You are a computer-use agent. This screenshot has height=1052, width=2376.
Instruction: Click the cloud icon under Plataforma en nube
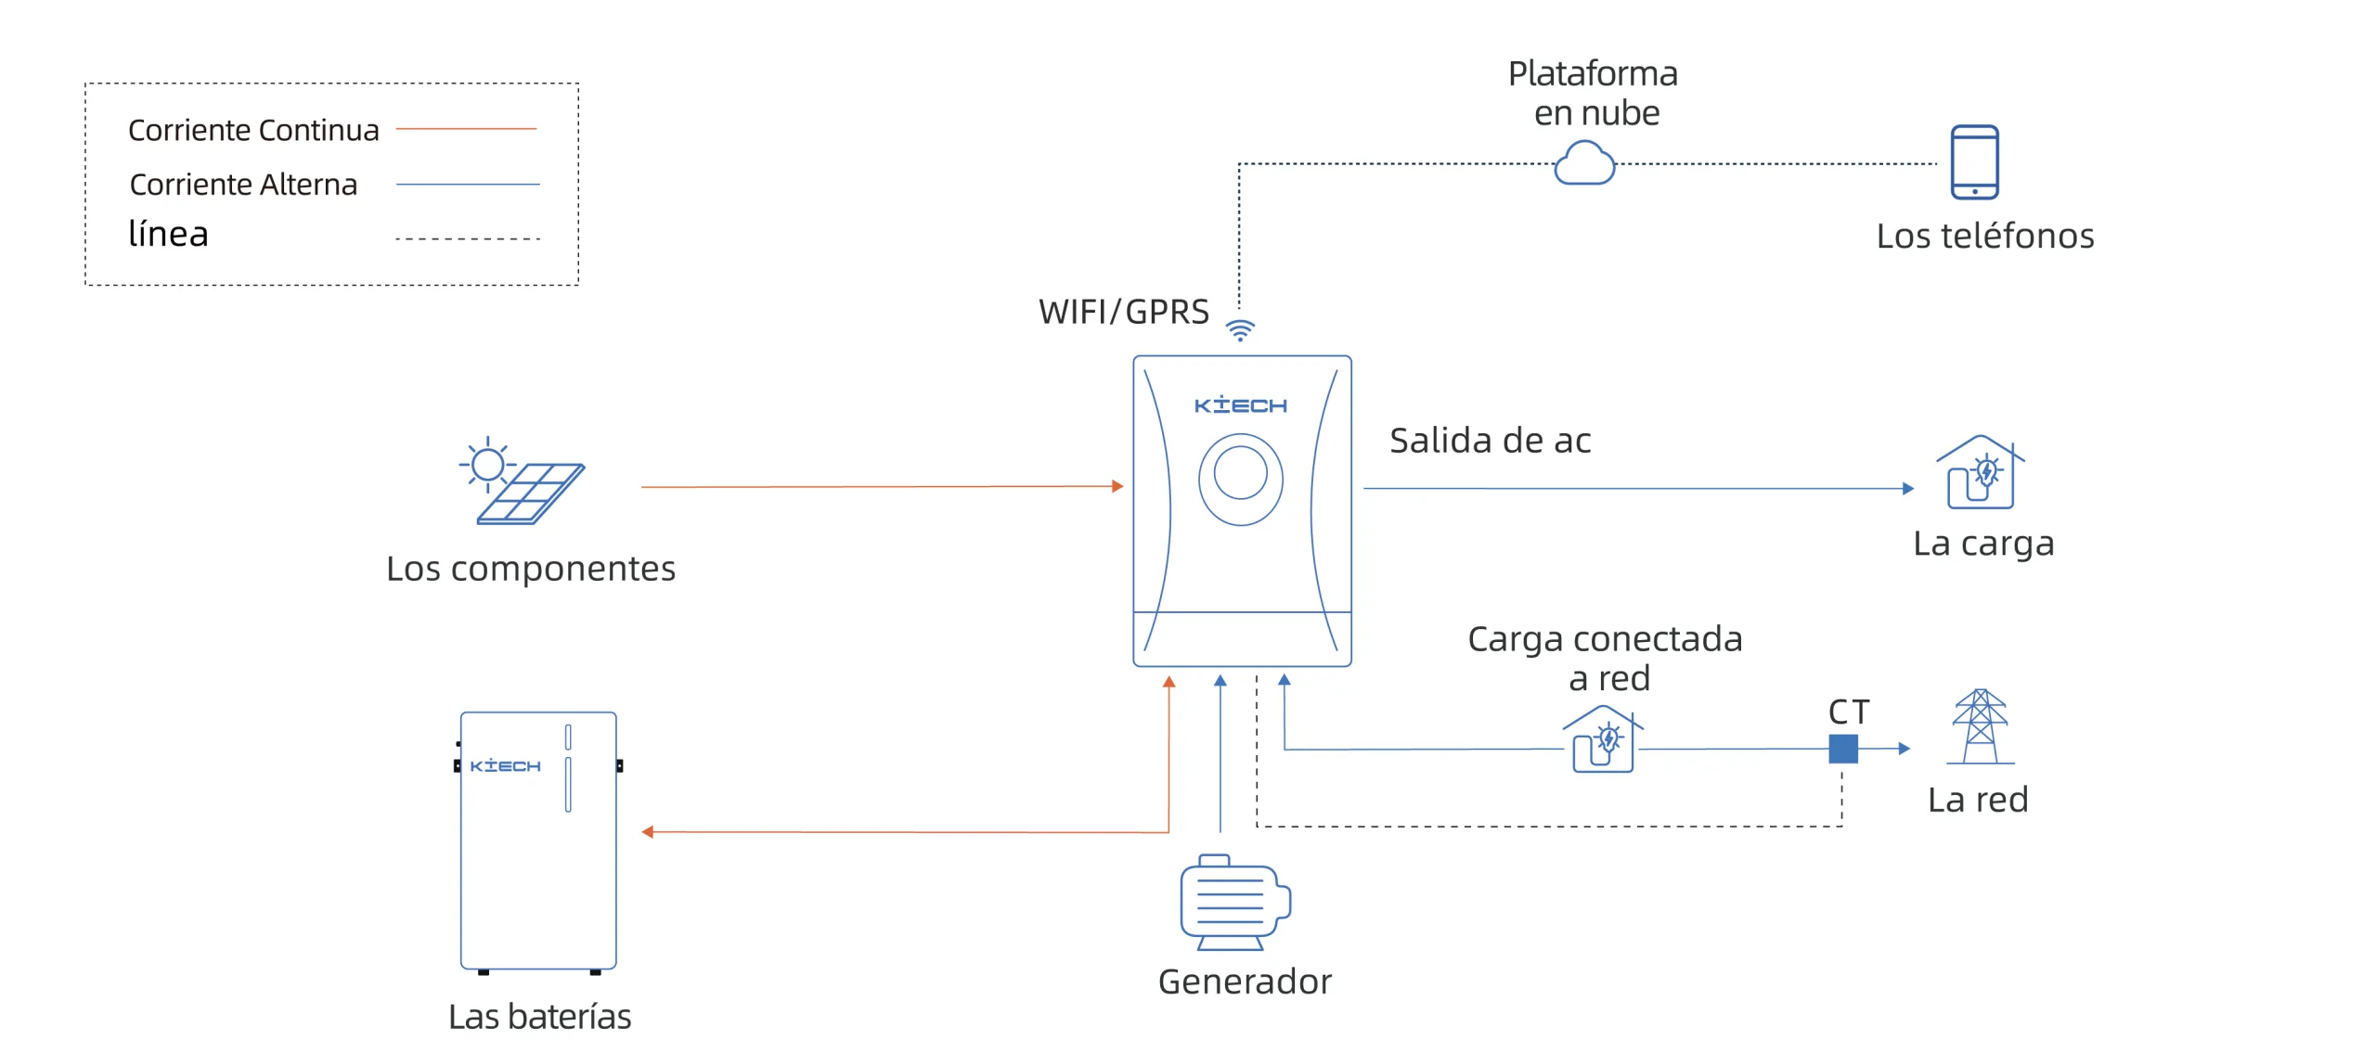1584,163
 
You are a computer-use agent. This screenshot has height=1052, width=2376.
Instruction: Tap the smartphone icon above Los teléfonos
1974,162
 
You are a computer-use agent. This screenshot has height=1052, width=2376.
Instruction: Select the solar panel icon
523,482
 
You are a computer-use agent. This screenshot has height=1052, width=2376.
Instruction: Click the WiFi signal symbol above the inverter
1240,329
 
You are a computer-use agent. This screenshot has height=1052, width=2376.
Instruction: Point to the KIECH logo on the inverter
1240,405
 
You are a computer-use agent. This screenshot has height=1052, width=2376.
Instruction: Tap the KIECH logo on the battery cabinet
505,765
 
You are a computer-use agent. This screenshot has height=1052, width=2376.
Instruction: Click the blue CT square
1842,749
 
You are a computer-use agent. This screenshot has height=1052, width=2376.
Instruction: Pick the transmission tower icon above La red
1980,726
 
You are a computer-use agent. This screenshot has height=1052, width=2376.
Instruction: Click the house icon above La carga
1980,473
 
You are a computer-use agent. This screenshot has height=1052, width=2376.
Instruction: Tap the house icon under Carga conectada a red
1603,739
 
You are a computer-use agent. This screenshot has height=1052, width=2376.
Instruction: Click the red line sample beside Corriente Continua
466,129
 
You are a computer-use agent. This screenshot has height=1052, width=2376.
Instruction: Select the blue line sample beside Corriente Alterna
468,185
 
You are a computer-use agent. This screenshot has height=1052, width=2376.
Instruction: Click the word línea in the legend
168,235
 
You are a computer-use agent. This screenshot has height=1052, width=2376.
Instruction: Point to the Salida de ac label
1490,441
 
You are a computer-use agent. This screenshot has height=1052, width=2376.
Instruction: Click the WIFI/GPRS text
1123,313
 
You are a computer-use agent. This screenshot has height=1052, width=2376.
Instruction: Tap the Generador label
1245,981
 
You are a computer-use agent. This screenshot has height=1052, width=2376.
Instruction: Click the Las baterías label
539,1017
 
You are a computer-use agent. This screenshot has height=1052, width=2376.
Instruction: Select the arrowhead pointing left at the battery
648,832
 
